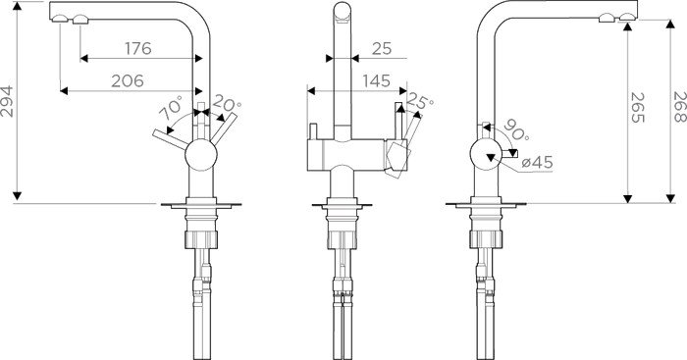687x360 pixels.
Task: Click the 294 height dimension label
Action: (8, 102)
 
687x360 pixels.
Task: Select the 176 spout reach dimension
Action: (138, 48)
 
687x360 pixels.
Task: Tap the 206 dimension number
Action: (127, 81)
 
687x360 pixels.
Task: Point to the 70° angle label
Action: (172, 109)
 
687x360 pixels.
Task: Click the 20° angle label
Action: (227, 104)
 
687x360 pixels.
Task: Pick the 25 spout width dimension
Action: (382, 48)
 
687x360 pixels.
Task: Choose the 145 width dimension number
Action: (376, 81)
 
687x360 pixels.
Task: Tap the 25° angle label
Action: (419, 102)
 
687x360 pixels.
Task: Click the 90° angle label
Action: (516, 130)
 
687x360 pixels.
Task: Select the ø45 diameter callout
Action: (537, 163)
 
